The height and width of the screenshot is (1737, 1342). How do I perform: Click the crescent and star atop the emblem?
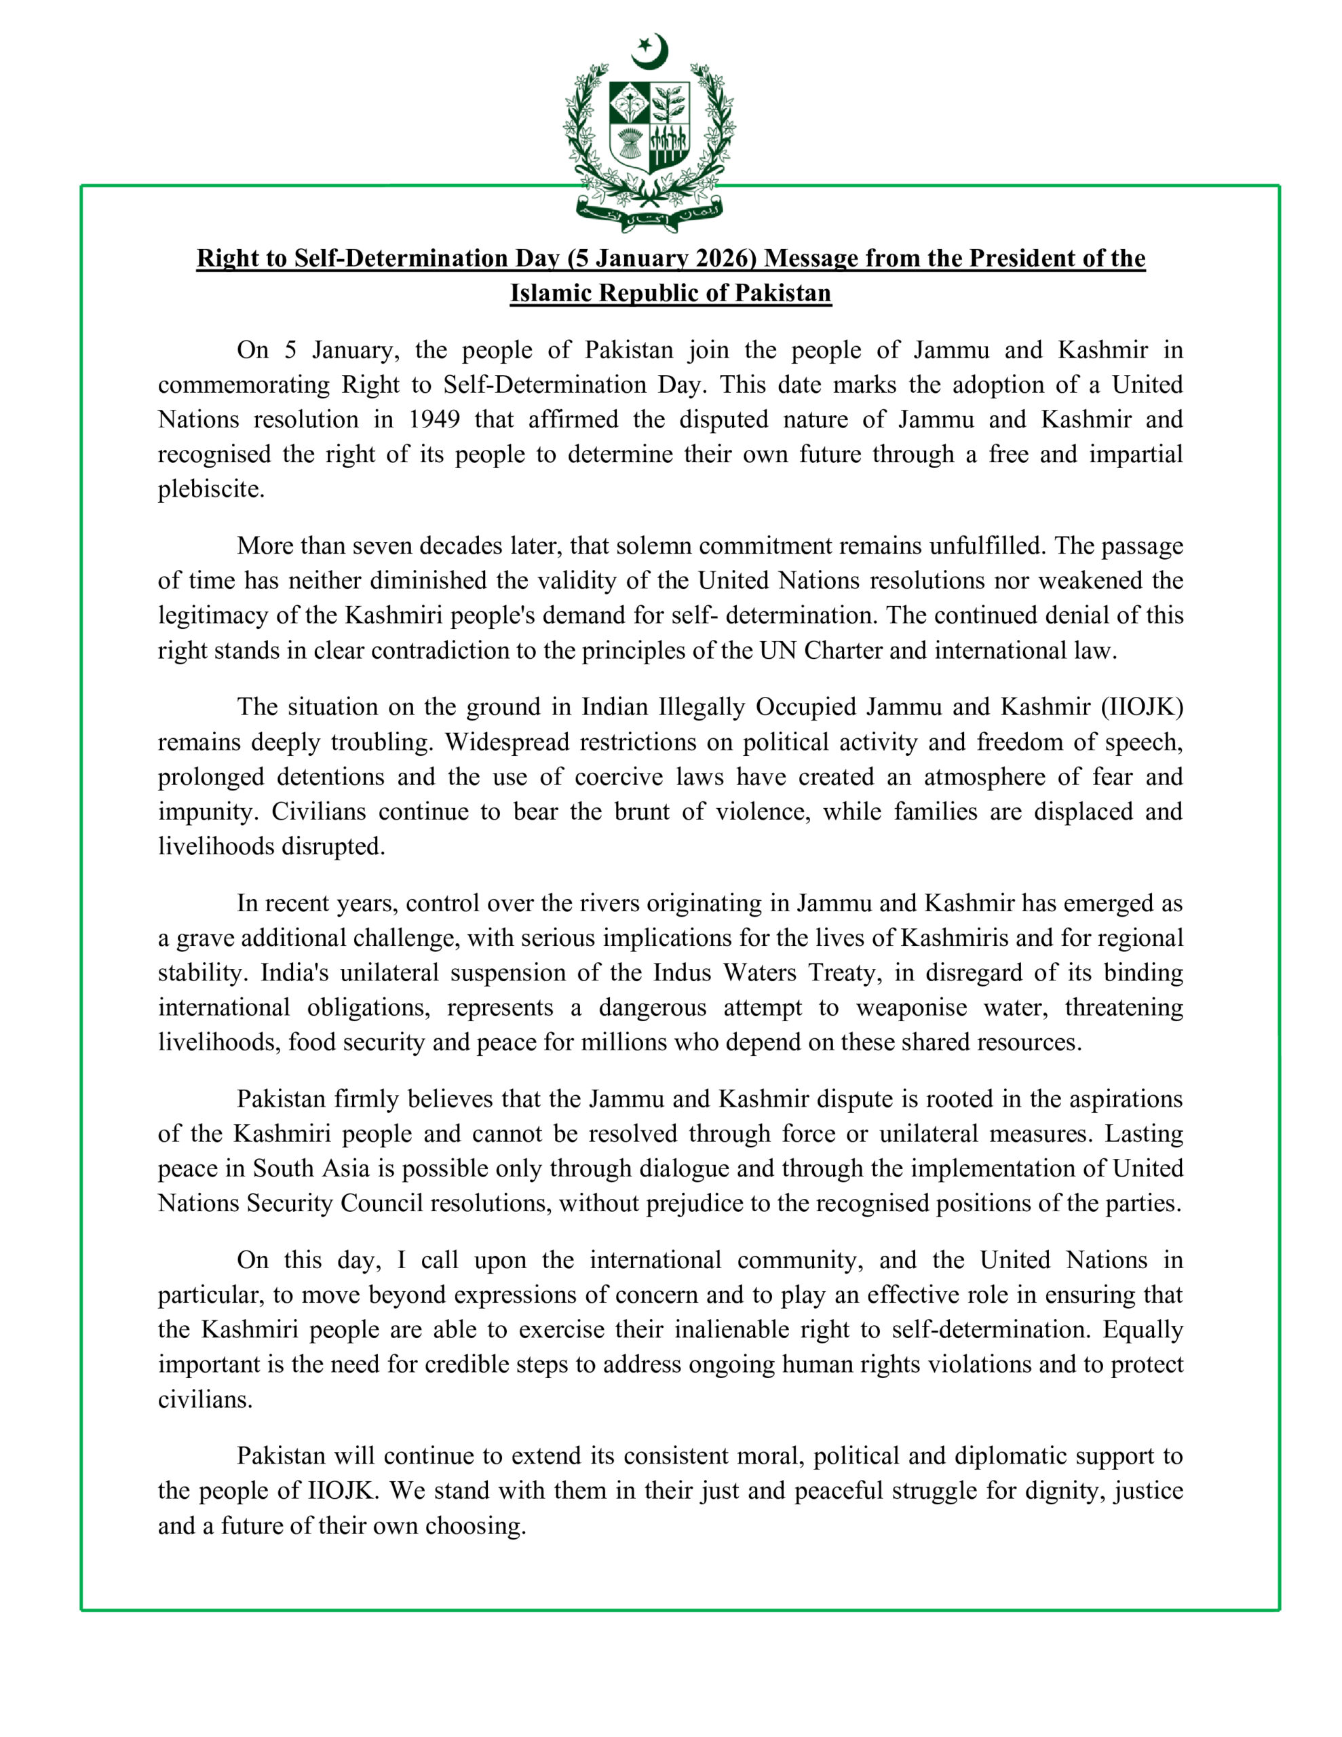(650, 51)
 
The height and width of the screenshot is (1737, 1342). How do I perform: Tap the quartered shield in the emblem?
(649, 126)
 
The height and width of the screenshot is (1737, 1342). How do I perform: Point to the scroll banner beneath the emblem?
(649, 214)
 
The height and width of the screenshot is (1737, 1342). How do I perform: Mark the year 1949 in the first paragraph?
(434, 419)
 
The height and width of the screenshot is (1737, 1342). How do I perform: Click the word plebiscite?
(210, 489)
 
